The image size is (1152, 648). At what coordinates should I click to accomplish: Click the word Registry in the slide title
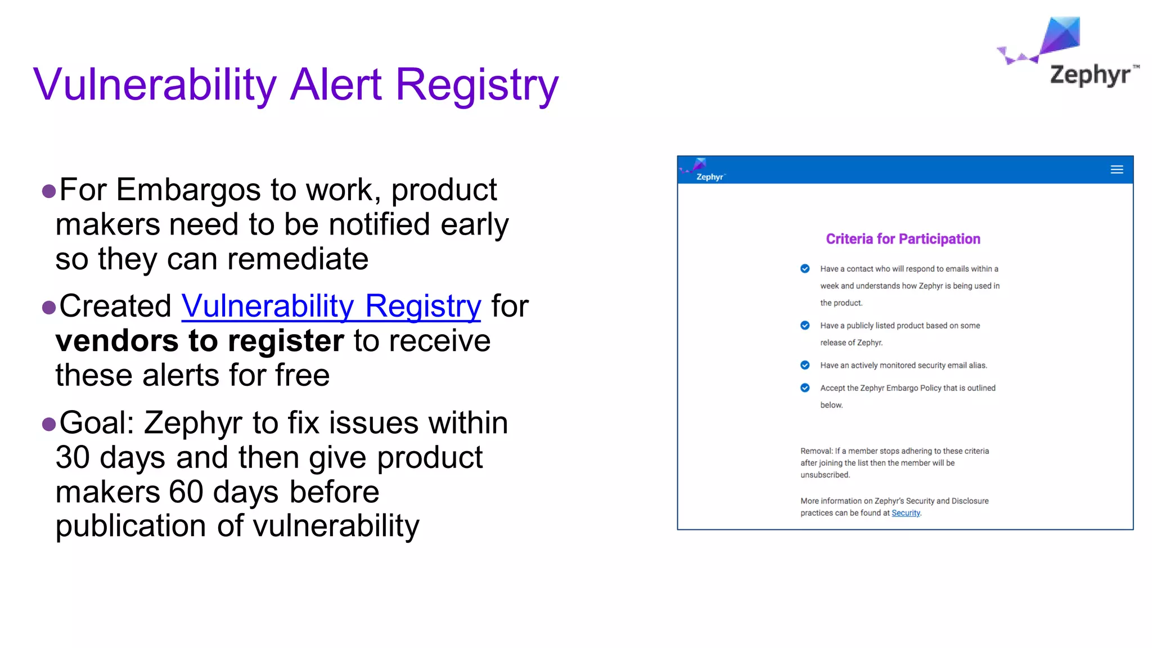[x=477, y=84]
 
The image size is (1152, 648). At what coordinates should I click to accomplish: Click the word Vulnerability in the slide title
[x=155, y=84]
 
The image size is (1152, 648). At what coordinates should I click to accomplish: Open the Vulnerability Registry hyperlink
[x=331, y=307]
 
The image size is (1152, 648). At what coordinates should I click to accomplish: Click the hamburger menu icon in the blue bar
[x=1117, y=169]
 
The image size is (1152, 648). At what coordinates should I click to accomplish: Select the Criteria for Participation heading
[x=903, y=239]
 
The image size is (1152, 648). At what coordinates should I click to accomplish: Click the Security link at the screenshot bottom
[x=906, y=513]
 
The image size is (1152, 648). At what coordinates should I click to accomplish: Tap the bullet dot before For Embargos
[x=49, y=191]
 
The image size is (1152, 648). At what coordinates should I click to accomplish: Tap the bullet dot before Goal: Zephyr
[x=49, y=424]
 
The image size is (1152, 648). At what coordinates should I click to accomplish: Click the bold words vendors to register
[x=200, y=341]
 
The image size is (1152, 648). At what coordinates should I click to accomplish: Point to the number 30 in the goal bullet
[x=73, y=457]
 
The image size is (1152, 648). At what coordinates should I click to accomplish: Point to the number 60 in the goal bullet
[x=186, y=492]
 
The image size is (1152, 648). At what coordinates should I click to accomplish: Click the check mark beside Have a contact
[x=805, y=268]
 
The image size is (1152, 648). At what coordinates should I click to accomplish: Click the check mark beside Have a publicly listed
[x=805, y=325]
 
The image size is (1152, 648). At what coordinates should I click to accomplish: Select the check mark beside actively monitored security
[x=805, y=365]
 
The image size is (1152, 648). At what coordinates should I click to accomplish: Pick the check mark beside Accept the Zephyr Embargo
[x=805, y=388]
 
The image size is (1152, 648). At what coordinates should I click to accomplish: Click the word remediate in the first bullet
[x=298, y=259]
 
